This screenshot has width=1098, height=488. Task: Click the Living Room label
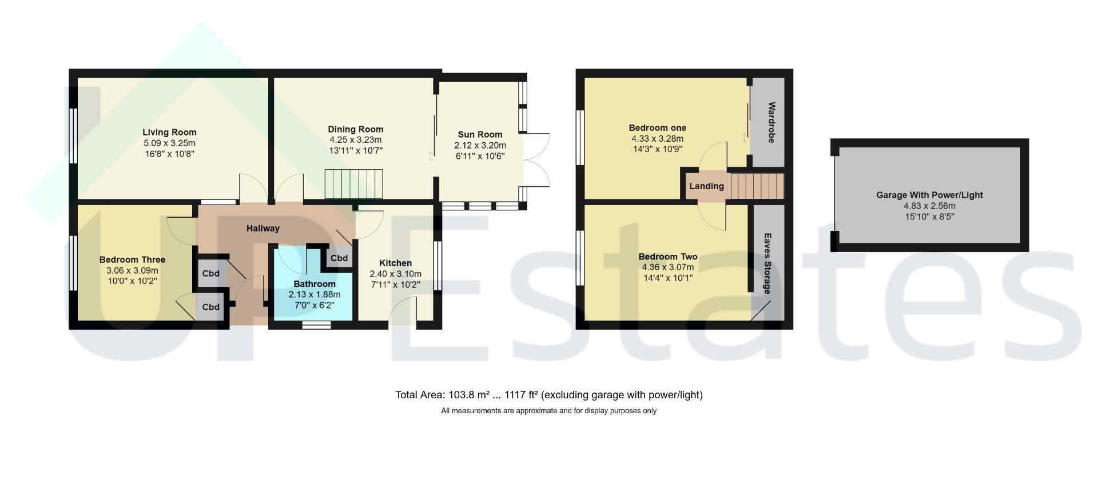tap(169, 133)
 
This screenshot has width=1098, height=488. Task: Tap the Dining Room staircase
tap(354, 184)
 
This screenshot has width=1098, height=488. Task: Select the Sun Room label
tap(480, 135)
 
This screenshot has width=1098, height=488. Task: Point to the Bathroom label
tap(315, 284)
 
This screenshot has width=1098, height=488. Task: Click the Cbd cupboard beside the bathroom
tap(339, 258)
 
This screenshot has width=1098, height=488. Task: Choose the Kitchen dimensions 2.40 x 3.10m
tap(396, 274)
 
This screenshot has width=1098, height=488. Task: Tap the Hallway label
tap(263, 229)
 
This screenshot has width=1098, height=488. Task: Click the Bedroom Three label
tap(132, 260)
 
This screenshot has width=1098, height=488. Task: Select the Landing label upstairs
tap(707, 186)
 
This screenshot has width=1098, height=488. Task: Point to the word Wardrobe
tap(771, 122)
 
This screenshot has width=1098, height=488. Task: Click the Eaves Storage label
tap(767, 263)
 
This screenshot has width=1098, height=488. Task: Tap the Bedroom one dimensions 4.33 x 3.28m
tap(658, 139)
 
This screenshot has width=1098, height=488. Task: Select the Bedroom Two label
tap(668, 257)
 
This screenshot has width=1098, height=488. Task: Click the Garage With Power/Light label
tap(930, 195)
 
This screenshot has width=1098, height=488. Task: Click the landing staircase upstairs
tap(757, 186)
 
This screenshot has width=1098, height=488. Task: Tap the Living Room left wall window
tap(73, 136)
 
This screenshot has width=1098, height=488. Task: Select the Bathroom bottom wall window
tap(316, 325)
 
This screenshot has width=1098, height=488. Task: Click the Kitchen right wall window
tap(438, 266)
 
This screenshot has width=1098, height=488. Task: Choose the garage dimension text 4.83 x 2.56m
tap(930, 206)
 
